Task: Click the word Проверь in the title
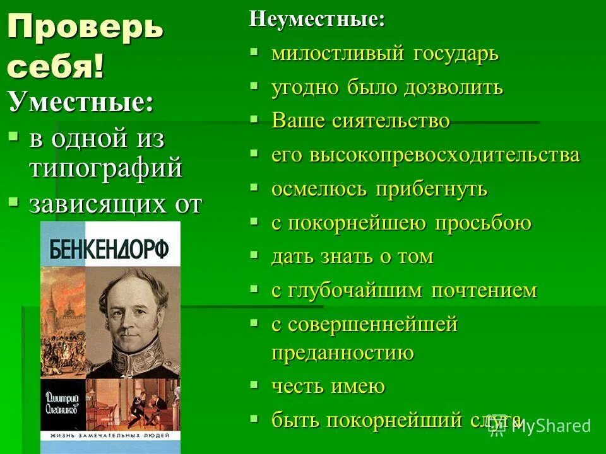pyautogui.click(x=85, y=28)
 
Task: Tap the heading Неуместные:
pyautogui.click(x=317, y=19)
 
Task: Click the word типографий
pyautogui.click(x=105, y=168)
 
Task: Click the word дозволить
pyautogui.click(x=454, y=88)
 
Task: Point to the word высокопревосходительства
pyautogui.click(x=444, y=155)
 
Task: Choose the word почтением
pyautogui.click(x=484, y=291)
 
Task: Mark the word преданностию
pyautogui.click(x=343, y=353)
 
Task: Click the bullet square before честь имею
pyautogui.click(x=254, y=383)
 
